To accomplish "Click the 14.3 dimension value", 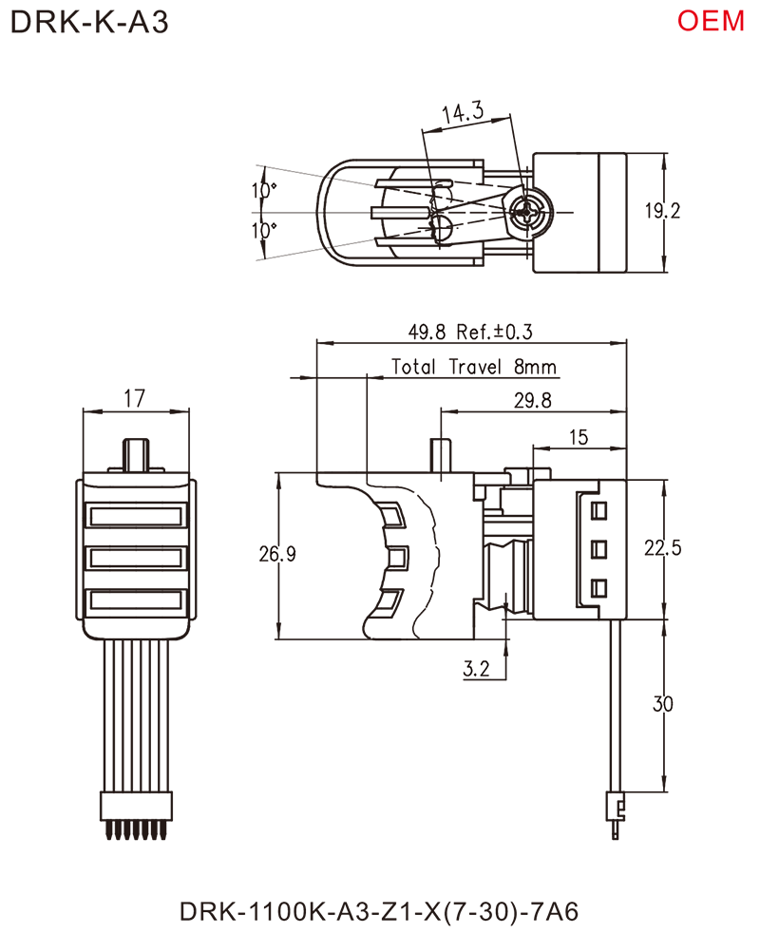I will point(465,114).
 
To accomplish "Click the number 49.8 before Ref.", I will point(427,333).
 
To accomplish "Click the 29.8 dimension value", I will point(533,401).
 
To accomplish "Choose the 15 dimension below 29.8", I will point(580,436).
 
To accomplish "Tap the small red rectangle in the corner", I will point(724,20).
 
